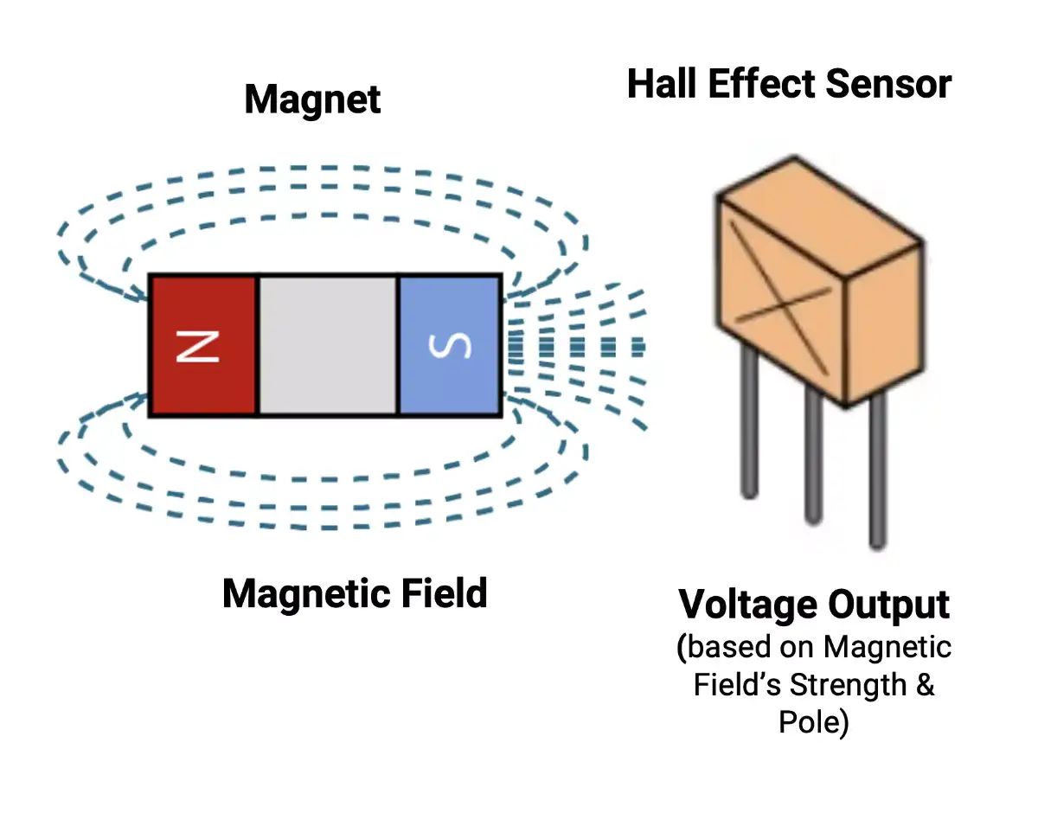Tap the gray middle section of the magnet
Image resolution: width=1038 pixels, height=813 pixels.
click(x=328, y=346)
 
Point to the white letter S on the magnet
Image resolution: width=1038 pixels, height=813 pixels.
click(x=451, y=346)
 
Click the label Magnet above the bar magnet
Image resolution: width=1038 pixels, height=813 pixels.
click(x=312, y=99)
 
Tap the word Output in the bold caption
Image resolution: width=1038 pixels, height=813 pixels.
click(x=887, y=605)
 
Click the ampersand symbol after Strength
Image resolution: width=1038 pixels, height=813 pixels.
click(x=925, y=685)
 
